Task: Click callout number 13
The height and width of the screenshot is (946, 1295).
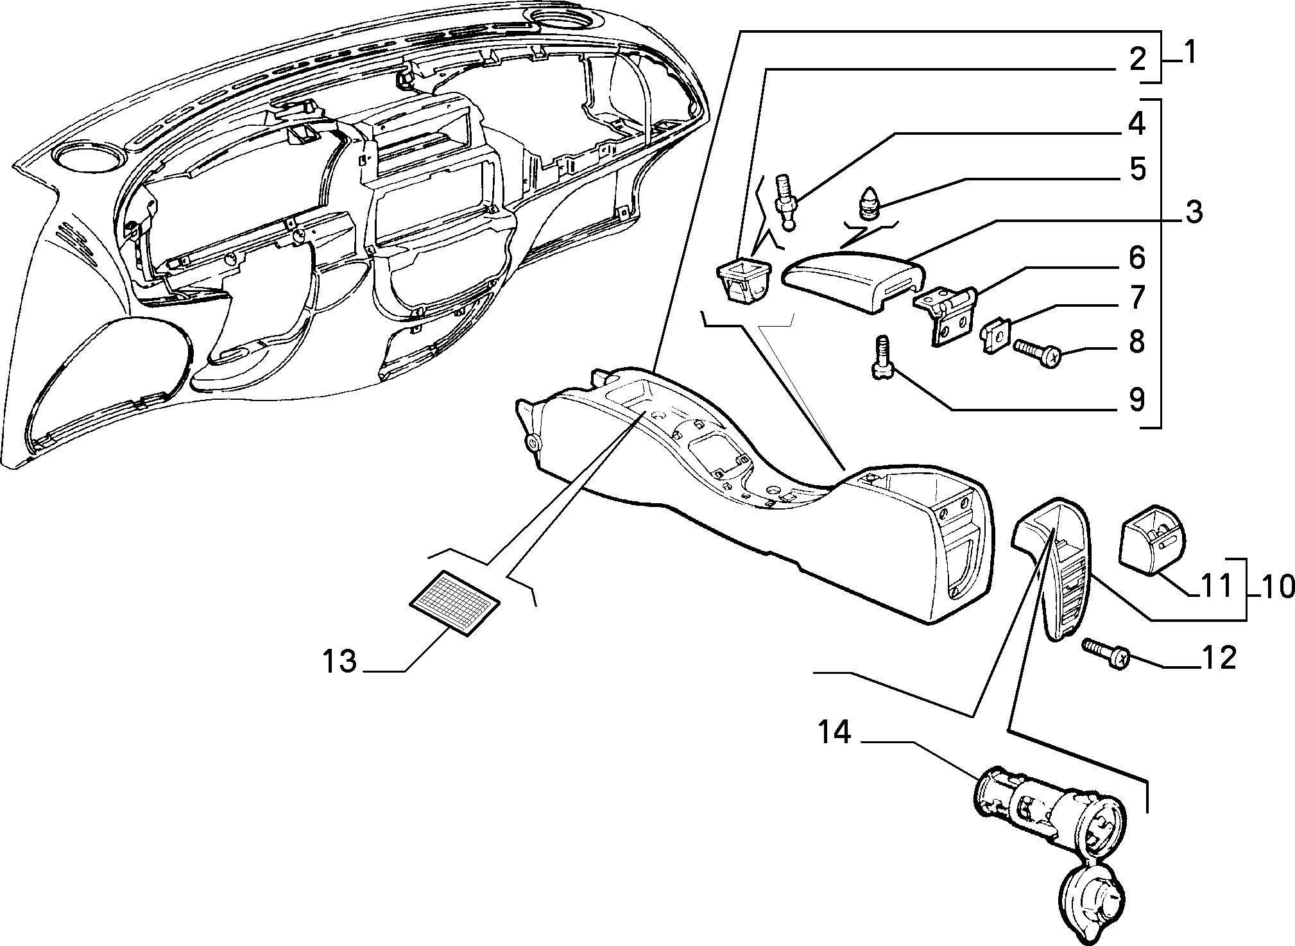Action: pos(339,660)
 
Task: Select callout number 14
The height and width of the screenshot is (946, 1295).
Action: pos(834,732)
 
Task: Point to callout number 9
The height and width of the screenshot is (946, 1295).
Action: pos(1136,400)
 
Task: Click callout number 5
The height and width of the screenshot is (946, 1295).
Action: pos(1137,169)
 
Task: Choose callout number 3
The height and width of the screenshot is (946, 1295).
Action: pos(1193,212)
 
